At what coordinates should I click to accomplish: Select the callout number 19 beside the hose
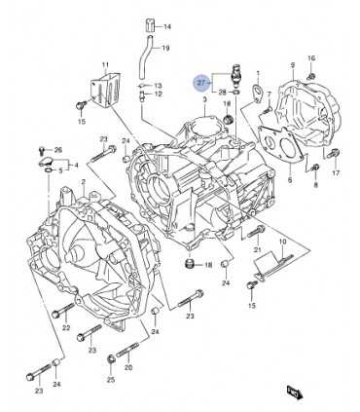[164, 48]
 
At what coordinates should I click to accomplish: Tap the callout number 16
[311, 58]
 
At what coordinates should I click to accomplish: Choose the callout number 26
[58, 150]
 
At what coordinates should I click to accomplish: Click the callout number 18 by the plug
[208, 265]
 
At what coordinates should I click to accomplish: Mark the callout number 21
[257, 250]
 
